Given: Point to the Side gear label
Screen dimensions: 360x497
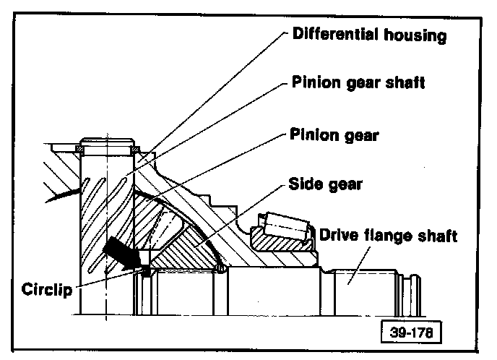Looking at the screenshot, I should pos(326,184).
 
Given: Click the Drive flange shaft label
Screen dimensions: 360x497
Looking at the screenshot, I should pos(388,235).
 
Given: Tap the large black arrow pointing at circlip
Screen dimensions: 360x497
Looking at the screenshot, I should pos(121,254).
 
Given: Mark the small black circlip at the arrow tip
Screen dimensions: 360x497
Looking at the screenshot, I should pos(145,271).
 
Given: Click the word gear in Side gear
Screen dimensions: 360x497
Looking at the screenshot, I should pos(345,184).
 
